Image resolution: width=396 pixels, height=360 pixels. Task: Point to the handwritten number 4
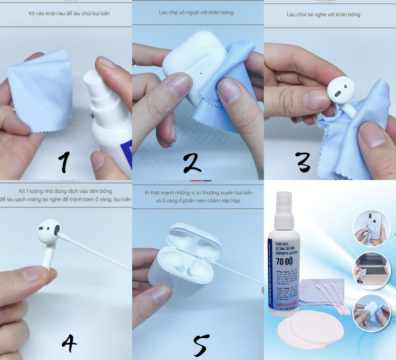click(x=69, y=343)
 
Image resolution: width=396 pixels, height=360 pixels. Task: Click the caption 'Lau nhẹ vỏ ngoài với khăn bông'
click(x=196, y=12)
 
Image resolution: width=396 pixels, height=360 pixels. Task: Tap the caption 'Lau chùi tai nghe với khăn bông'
click(x=323, y=14)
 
